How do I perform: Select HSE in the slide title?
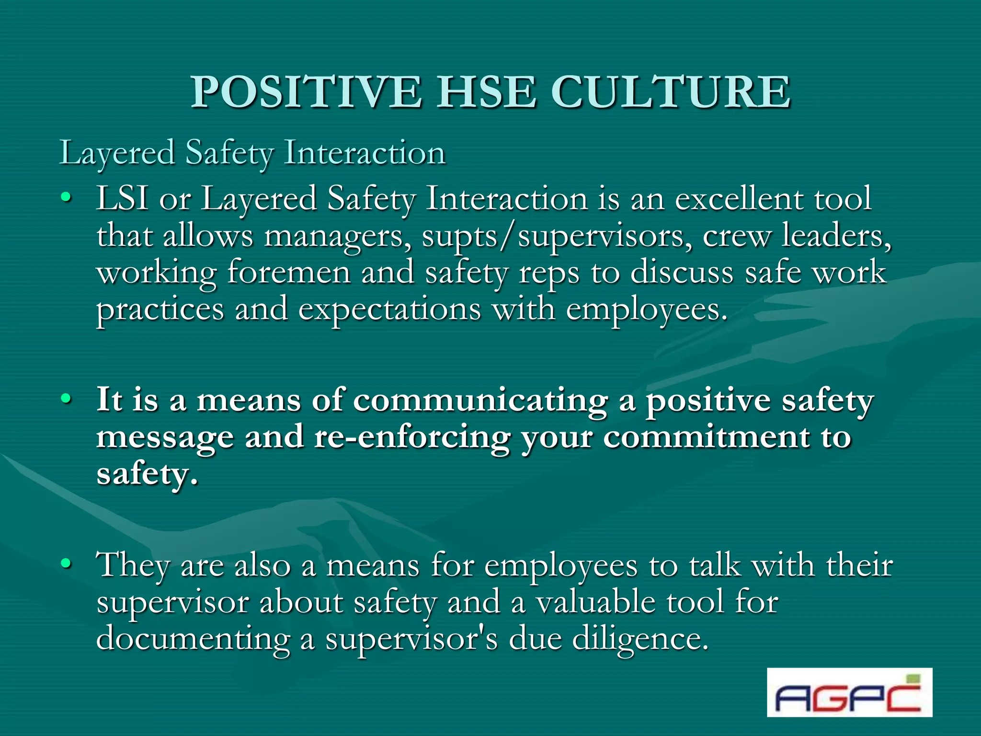pos(486,92)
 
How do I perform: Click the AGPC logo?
pos(849,692)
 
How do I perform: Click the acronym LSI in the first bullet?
pos(122,198)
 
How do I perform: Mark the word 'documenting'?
pos(194,639)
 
